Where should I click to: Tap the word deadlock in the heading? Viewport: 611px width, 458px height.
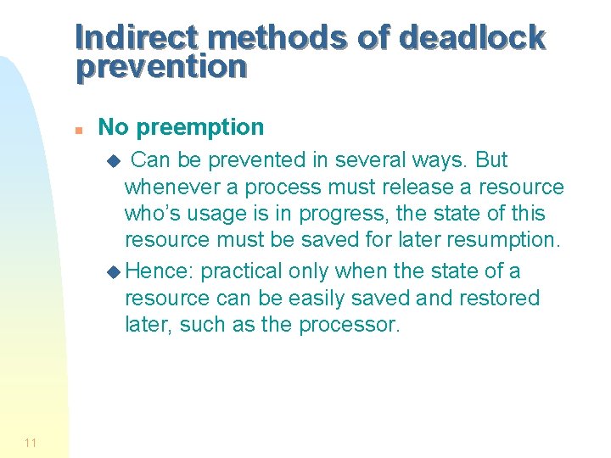click(471, 37)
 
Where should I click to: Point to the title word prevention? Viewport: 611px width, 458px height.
click(161, 66)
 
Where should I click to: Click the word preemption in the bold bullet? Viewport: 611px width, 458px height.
click(200, 127)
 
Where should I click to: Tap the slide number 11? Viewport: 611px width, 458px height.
click(31, 442)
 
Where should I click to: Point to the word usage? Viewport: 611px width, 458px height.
click(222, 214)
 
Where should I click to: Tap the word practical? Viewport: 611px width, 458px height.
click(241, 271)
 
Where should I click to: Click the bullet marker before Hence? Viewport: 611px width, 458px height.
click(116, 272)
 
